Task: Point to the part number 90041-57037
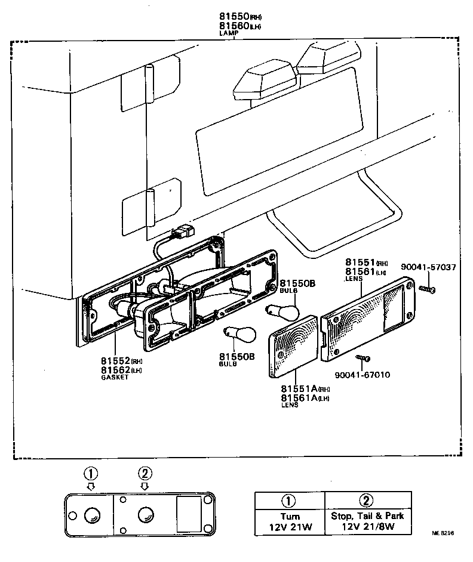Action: [x=428, y=267]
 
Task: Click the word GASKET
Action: [x=115, y=378]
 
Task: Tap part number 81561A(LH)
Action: [x=305, y=397]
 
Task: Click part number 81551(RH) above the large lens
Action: [x=366, y=262]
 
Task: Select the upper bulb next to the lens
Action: [x=282, y=310]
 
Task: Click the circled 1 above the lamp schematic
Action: [x=90, y=474]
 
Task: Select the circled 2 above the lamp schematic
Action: [x=145, y=474]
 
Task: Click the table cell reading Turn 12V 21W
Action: [x=289, y=521]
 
